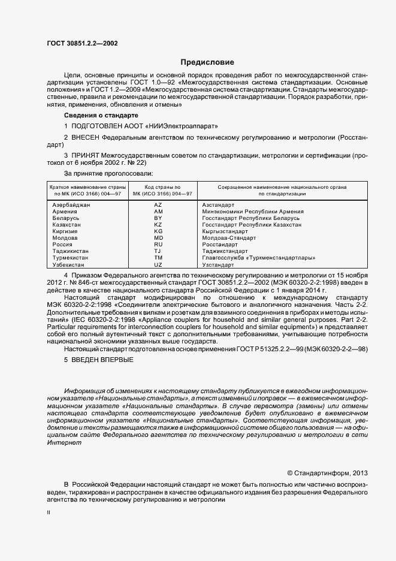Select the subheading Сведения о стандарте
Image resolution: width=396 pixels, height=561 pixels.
tap(101, 114)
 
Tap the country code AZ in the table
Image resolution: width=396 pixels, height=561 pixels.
tap(158, 205)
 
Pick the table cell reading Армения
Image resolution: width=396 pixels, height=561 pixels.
tap(65, 212)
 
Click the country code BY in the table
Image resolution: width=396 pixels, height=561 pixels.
tap(158, 218)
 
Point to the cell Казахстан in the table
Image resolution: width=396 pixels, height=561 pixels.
tap(68, 225)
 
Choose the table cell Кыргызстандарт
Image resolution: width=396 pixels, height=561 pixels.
tap(225, 231)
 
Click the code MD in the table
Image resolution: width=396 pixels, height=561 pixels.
tap(158, 238)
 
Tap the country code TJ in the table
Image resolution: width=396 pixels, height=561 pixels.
tap(158, 251)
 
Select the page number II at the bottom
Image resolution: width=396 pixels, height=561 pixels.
tap(49, 514)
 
